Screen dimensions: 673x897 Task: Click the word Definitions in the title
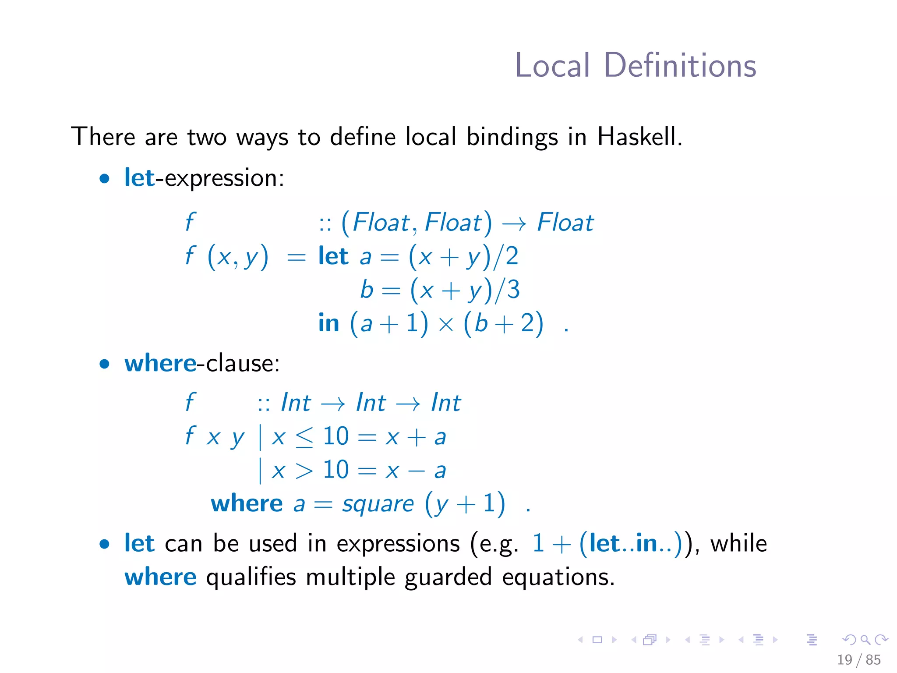680,66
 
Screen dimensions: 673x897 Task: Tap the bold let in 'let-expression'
139,177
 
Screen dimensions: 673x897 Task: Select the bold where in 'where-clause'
160,363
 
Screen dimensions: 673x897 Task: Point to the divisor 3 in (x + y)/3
513,290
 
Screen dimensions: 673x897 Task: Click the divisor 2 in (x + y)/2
512,256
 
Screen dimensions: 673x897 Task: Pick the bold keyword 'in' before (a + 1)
328,323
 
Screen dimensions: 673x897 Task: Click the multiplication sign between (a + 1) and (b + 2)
446,325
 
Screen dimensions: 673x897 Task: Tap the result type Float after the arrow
565,222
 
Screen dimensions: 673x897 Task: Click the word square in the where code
378,504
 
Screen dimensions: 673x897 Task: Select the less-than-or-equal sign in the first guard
304,437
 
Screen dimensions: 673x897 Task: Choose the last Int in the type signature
446,402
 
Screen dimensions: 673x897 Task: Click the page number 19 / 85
858,659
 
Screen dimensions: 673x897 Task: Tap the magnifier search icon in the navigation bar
865,640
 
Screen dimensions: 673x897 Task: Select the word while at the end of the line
738,543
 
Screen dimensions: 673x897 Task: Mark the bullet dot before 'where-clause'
104,364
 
